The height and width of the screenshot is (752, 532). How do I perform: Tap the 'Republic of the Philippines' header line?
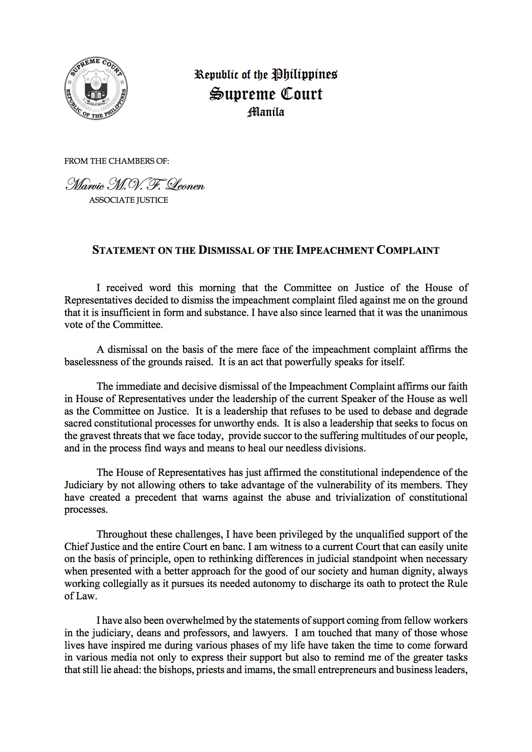click(266, 75)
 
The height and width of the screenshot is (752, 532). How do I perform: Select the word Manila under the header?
click(266, 113)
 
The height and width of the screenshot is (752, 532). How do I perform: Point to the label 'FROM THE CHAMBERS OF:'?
click(117, 161)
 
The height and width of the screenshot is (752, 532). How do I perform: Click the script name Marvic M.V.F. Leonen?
click(134, 186)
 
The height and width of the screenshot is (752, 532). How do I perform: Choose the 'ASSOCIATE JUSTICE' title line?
click(128, 200)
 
